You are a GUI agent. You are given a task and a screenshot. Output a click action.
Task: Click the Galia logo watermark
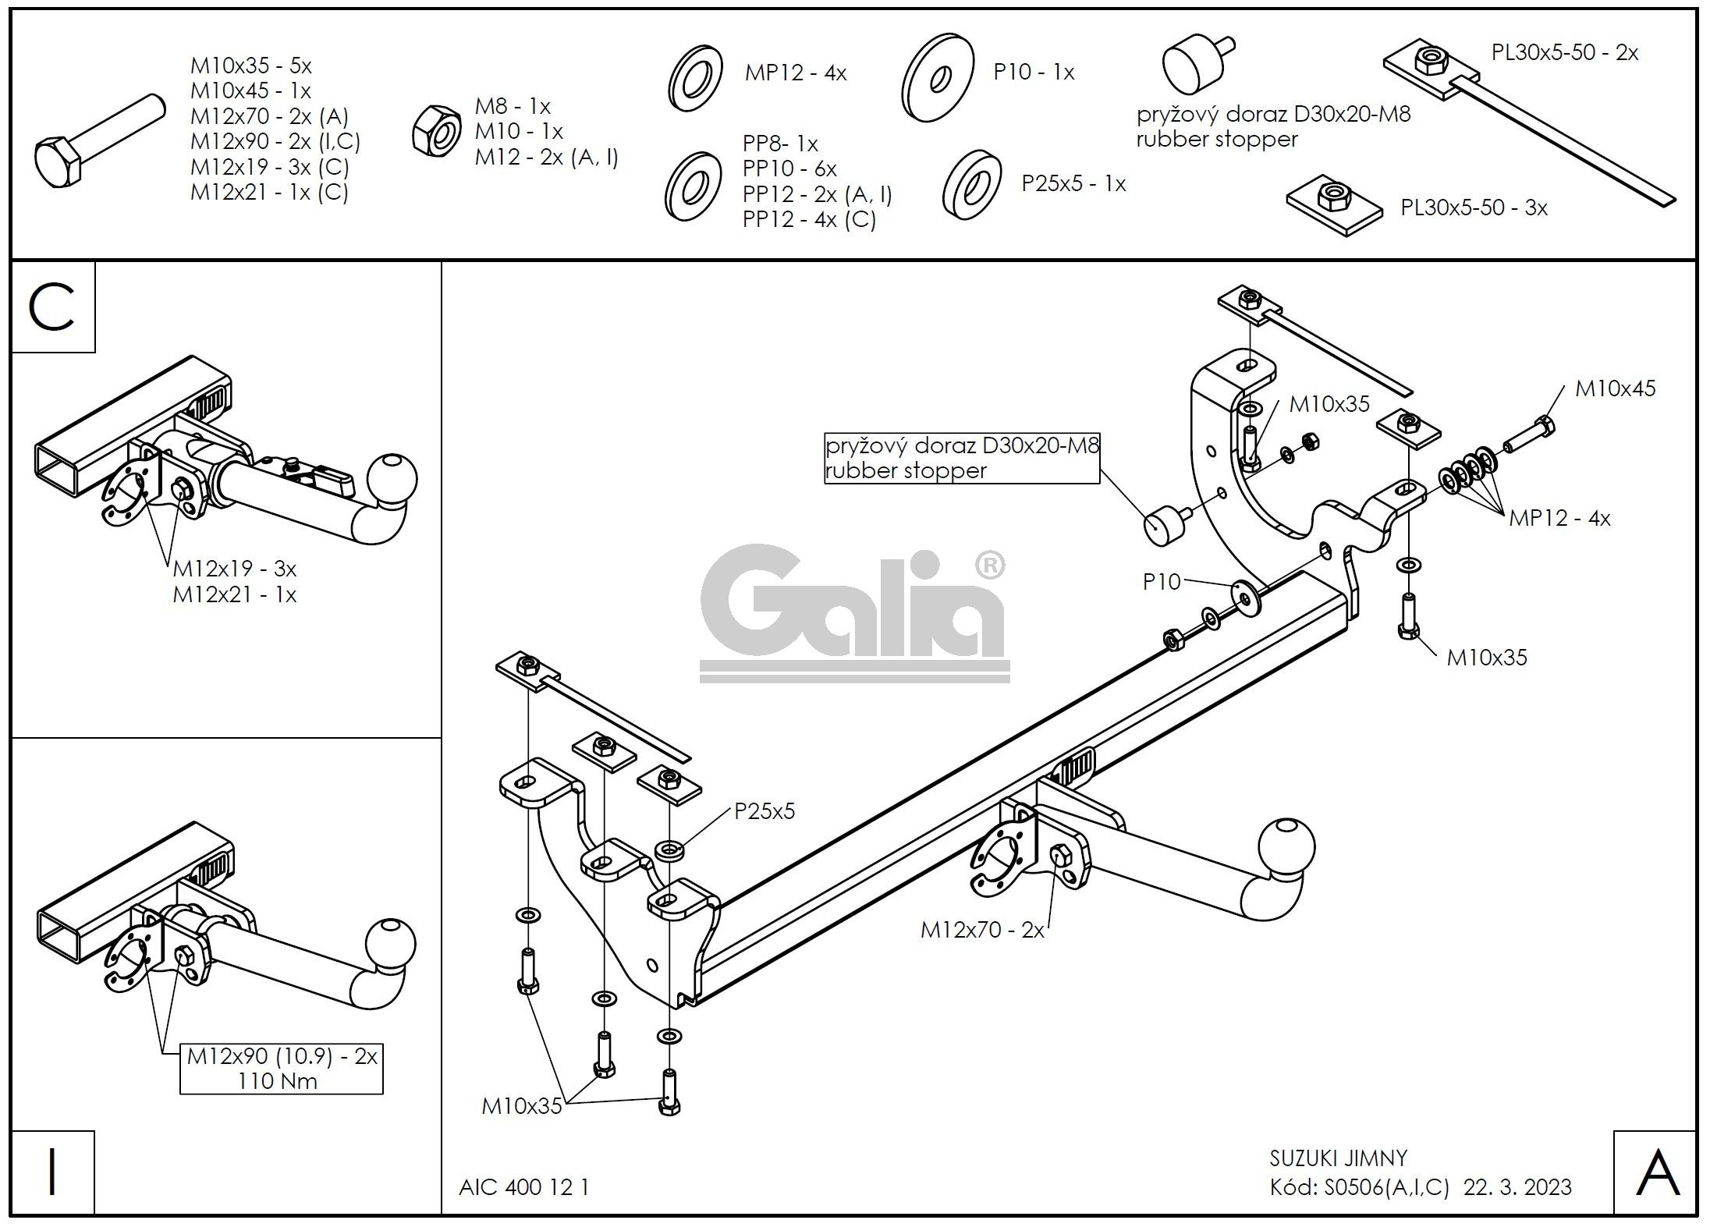point(853,613)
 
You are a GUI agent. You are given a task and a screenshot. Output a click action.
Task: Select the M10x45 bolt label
point(1614,388)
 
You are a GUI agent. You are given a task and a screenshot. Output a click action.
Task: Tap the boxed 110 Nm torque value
point(278,1080)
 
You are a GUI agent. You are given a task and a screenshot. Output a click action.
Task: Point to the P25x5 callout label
point(765,811)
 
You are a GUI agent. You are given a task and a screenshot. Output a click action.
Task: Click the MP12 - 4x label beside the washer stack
point(1559,518)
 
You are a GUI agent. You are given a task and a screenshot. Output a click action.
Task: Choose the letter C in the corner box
point(51,307)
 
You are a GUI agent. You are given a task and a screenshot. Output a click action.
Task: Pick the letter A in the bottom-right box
point(1655,1173)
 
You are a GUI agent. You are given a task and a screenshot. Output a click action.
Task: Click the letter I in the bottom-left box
point(51,1173)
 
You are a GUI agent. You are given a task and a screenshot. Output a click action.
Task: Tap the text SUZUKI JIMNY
point(1338,1158)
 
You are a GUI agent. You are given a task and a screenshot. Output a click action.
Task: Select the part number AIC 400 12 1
point(524,1187)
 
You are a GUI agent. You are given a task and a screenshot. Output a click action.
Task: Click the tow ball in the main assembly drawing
point(1286,846)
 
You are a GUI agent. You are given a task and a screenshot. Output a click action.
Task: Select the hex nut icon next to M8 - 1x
point(438,132)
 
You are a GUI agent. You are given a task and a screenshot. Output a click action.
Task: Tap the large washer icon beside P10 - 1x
point(938,77)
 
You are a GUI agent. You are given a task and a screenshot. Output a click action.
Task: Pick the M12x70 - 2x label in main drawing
point(981,930)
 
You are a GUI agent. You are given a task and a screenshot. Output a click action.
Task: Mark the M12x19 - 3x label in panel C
point(234,568)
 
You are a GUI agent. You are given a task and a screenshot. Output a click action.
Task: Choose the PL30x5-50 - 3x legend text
point(1474,207)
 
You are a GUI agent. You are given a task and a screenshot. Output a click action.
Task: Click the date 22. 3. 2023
point(1517,1187)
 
